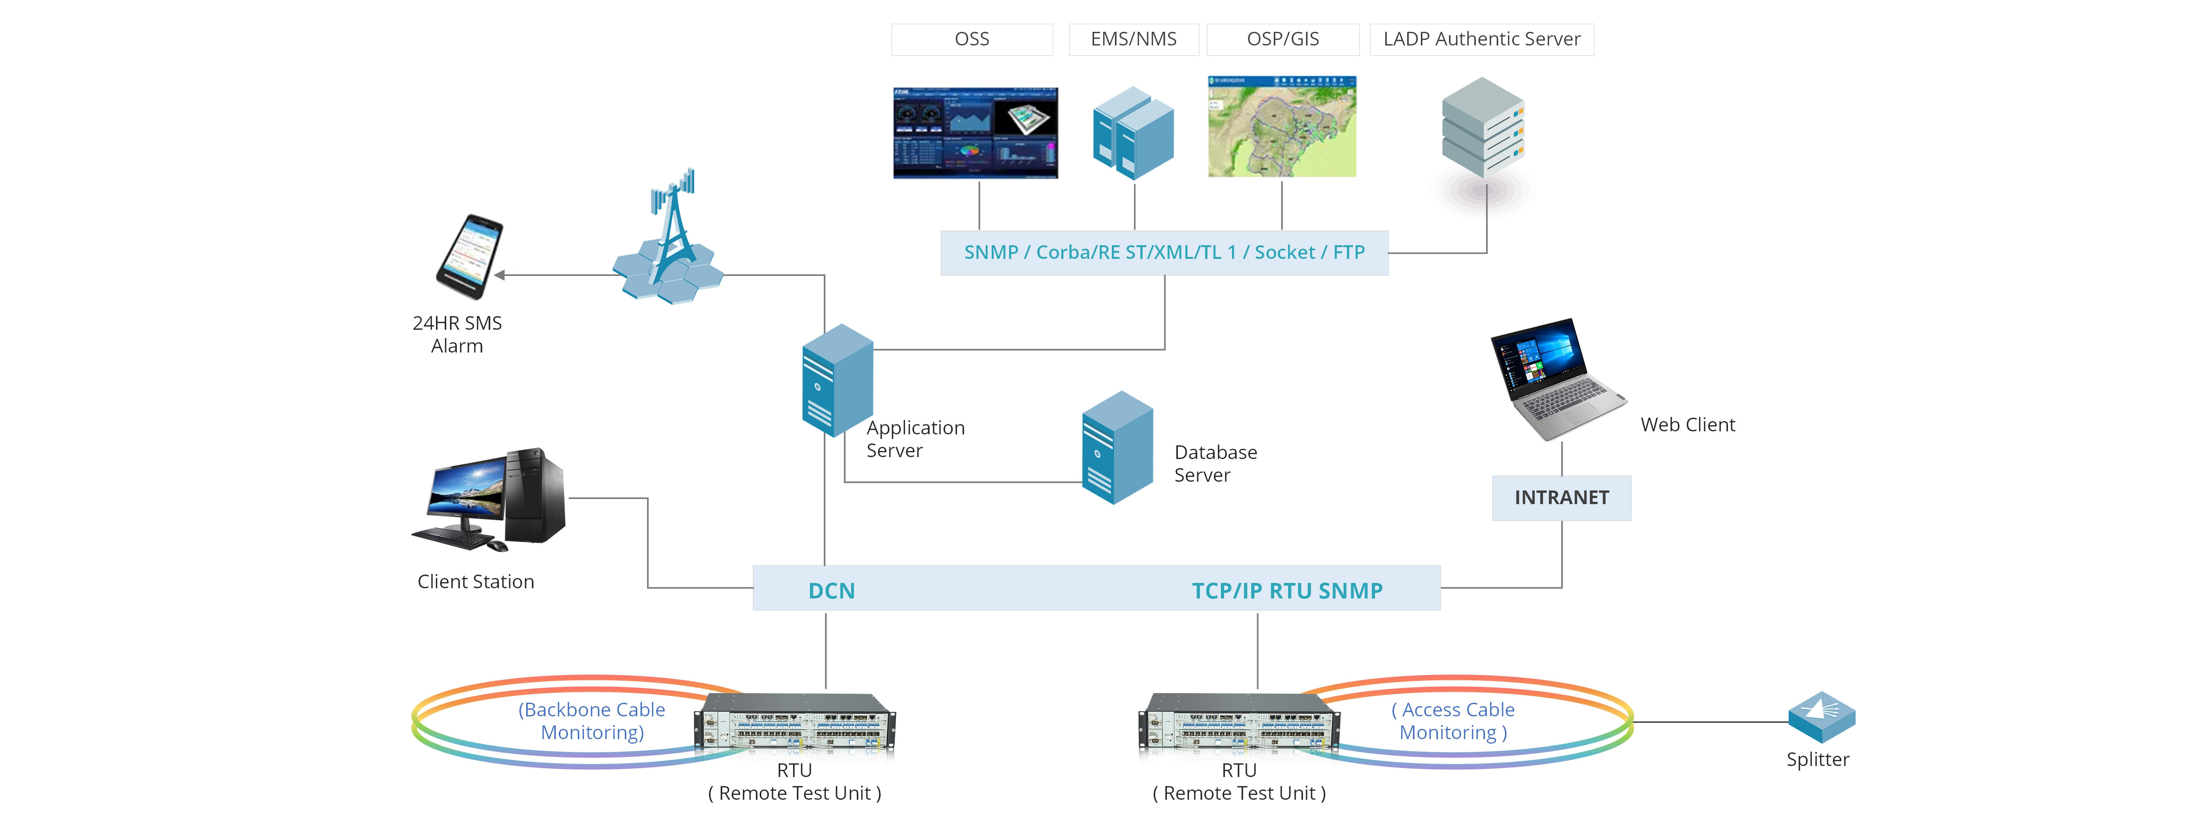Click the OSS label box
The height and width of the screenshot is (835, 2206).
pyautogui.click(x=972, y=39)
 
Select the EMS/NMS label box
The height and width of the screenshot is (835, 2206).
pyautogui.click(x=1133, y=39)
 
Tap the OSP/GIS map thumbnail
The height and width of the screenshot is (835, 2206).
pyautogui.click(x=1282, y=127)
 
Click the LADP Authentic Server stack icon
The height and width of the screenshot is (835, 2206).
pyautogui.click(x=1483, y=128)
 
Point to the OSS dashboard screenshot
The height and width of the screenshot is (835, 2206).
pyautogui.click(x=975, y=133)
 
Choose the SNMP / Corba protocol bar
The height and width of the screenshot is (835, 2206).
pyautogui.click(x=1164, y=253)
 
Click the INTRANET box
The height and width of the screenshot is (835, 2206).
pyautogui.click(x=1561, y=498)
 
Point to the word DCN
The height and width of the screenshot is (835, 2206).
pyautogui.click(x=831, y=591)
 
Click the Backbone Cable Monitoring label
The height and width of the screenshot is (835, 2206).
pyautogui.click(x=592, y=721)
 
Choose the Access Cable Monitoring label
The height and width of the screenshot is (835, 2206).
pyautogui.click(x=1453, y=721)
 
